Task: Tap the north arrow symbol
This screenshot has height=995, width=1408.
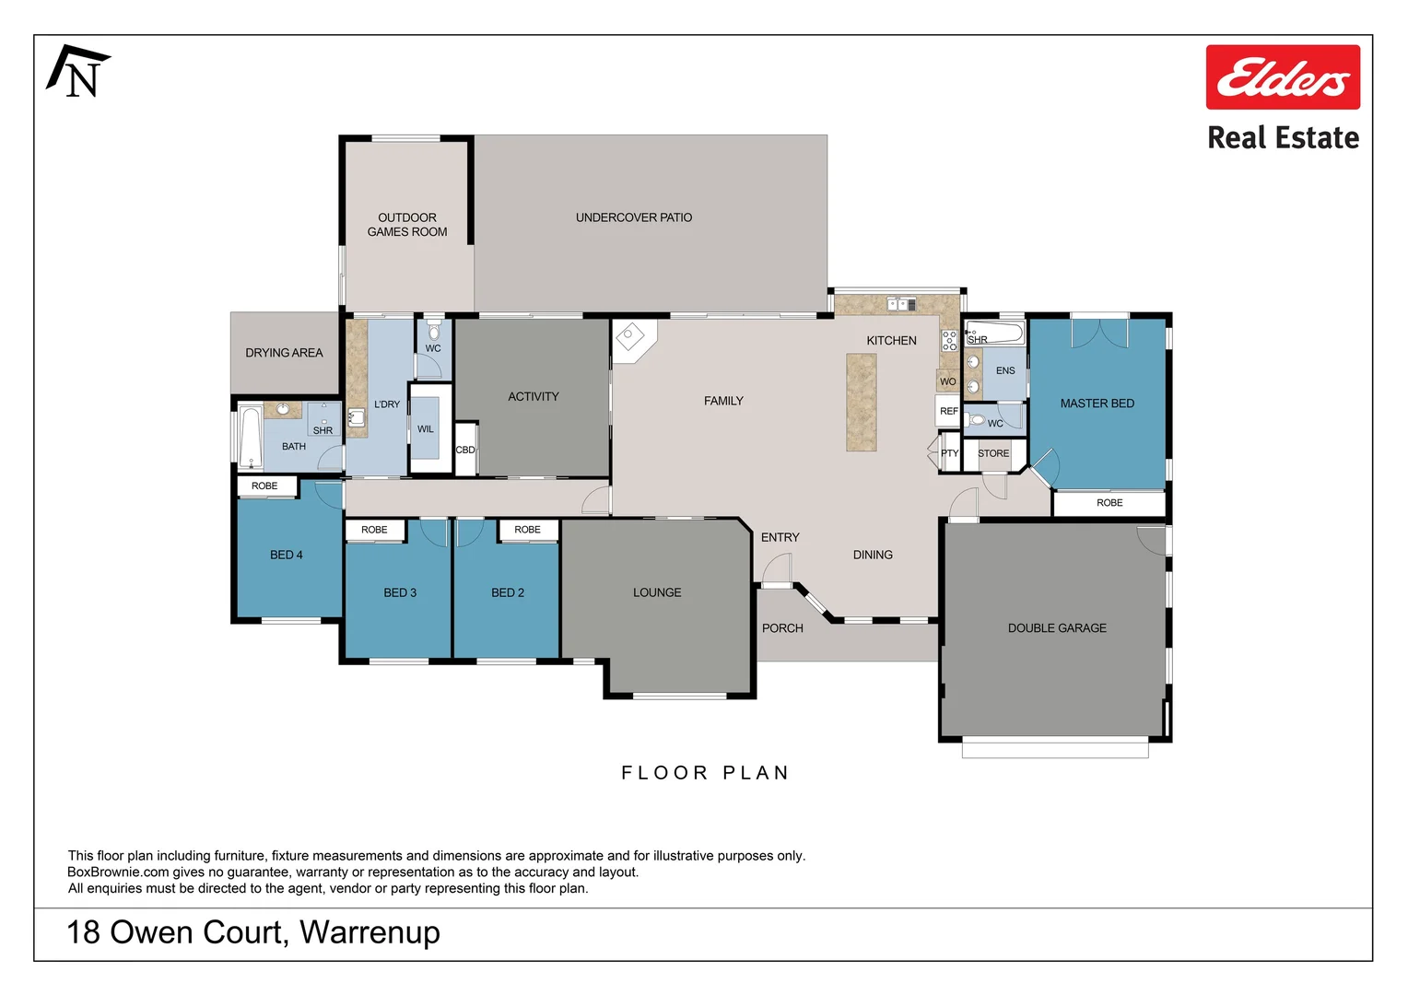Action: pyautogui.click(x=78, y=71)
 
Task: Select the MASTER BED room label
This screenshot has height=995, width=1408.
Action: pyautogui.click(x=1097, y=404)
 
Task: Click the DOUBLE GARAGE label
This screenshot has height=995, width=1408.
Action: pyautogui.click(x=1057, y=628)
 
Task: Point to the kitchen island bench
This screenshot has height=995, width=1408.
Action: pyautogui.click(x=862, y=403)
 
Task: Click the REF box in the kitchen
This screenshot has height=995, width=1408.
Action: pyautogui.click(x=948, y=411)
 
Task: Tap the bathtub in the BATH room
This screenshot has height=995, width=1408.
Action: pyautogui.click(x=250, y=437)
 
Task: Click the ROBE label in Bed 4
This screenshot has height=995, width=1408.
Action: pyautogui.click(x=264, y=486)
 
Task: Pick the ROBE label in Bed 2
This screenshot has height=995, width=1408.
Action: pyautogui.click(x=527, y=529)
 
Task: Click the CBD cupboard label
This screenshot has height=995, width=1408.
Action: pyautogui.click(x=465, y=450)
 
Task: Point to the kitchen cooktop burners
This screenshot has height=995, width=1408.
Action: pyautogui.click(x=949, y=340)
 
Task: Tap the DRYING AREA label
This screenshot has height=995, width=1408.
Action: pyautogui.click(x=284, y=353)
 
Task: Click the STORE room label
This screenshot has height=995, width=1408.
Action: pyautogui.click(x=993, y=453)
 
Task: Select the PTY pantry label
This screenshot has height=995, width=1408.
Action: pyautogui.click(x=949, y=453)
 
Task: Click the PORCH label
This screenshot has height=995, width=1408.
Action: pyautogui.click(x=782, y=628)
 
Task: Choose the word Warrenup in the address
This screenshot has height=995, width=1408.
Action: pyautogui.click(x=370, y=932)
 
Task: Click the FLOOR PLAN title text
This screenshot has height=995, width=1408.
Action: pyautogui.click(x=705, y=772)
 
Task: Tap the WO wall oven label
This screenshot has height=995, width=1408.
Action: pyautogui.click(x=948, y=381)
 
